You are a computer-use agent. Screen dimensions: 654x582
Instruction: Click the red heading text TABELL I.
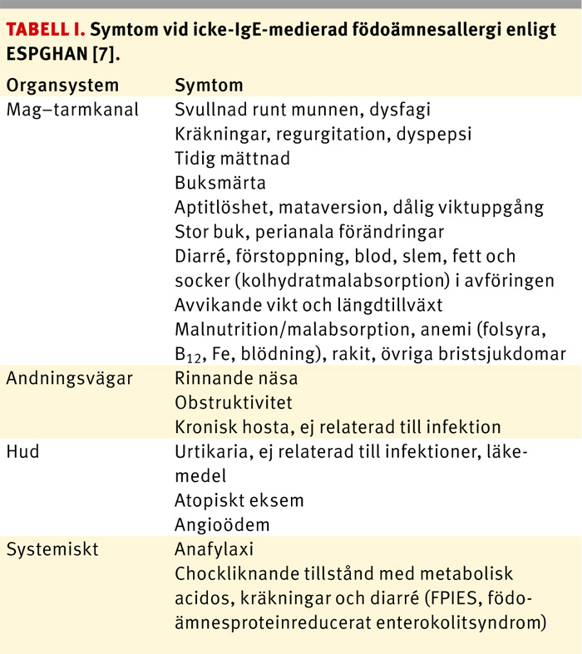(44, 30)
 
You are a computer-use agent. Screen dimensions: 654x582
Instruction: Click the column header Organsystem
(62, 86)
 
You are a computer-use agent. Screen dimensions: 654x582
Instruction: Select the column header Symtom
(209, 86)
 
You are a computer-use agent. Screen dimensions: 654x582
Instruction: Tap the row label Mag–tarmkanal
(72, 110)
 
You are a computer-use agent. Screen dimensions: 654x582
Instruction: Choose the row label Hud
(22, 451)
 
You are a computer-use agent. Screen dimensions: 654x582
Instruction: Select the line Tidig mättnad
(232, 158)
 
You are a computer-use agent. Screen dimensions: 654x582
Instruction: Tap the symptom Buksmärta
(220, 183)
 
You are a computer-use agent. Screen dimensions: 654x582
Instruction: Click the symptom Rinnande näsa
(236, 378)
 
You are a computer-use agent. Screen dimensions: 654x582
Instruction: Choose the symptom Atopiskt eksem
(239, 500)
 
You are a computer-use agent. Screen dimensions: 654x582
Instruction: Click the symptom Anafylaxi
(213, 549)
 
